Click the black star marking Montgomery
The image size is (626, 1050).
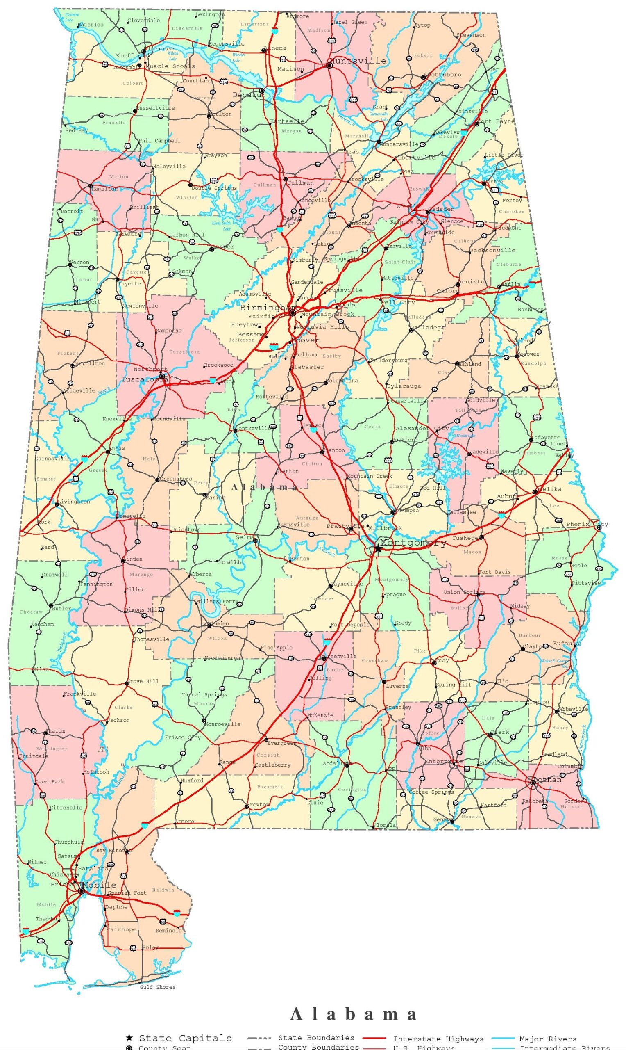click(x=378, y=548)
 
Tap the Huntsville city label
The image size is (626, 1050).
click(x=358, y=61)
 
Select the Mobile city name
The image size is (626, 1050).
click(x=100, y=885)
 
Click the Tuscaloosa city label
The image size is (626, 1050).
click(x=145, y=379)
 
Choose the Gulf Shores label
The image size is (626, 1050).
click(x=157, y=987)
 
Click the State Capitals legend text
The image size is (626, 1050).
click(x=185, y=1038)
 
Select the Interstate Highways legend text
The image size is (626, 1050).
click(x=438, y=1039)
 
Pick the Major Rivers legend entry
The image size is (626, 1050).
click(x=547, y=1039)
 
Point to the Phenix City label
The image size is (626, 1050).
click(x=587, y=524)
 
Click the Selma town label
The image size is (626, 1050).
click(x=245, y=537)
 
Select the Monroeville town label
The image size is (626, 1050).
click(x=222, y=724)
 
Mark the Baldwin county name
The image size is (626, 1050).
click(x=163, y=890)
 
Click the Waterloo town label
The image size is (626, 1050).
click(x=91, y=25)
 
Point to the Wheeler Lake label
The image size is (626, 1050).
click(x=238, y=57)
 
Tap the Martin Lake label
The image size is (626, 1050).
click(x=465, y=435)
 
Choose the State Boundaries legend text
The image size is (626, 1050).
click(x=316, y=1037)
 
